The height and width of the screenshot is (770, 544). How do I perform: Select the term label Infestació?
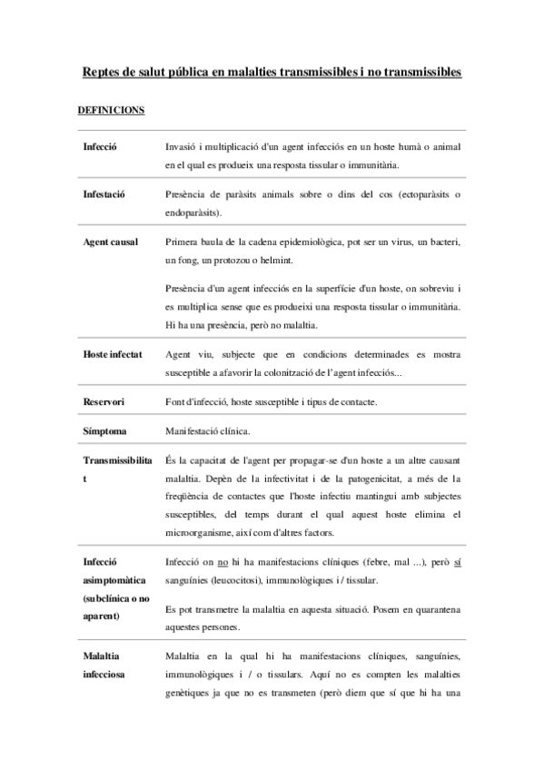[104, 193]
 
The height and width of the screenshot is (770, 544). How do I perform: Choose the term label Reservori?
[104, 401]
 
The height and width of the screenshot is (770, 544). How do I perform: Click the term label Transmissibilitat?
[117, 461]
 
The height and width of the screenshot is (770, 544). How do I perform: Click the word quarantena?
[436, 609]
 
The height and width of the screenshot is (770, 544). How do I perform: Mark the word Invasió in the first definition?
[184, 146]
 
